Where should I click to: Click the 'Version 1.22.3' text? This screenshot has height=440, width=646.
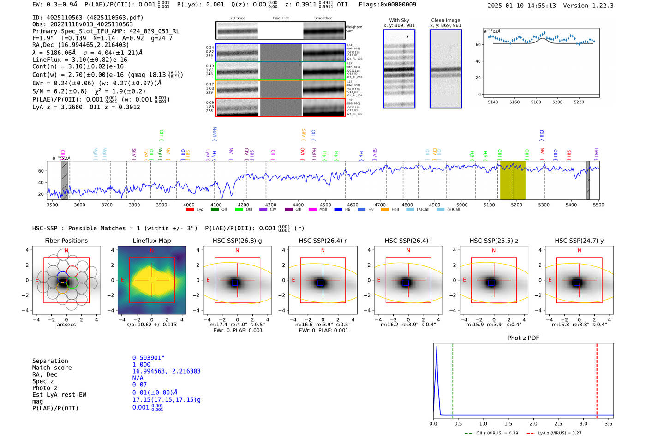(588, 6)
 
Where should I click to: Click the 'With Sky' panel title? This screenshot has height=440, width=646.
(399, 20)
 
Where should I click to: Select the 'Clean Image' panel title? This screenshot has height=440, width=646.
(445, 20)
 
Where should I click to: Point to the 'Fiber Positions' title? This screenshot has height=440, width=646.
(66, 241)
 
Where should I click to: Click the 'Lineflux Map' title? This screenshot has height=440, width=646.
(151, 241)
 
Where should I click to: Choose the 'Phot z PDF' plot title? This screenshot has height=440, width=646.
(523, 338)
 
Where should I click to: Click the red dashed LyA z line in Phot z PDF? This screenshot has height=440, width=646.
(597, 379)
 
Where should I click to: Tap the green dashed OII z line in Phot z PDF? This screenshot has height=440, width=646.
(453, 379)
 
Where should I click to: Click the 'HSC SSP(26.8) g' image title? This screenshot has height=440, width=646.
(237, 241)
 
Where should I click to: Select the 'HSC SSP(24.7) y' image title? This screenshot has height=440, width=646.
(579, 241)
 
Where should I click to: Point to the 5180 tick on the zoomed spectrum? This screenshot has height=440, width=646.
(536, 102)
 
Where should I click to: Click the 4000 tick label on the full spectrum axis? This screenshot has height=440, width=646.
(189, 205)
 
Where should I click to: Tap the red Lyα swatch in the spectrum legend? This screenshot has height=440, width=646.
(190, 210)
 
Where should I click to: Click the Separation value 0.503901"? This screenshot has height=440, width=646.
(148, 358)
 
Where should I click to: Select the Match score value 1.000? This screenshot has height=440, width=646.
(141, 364)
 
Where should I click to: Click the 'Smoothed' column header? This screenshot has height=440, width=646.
(323, 18)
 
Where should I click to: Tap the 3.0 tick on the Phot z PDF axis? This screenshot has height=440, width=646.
(583, 423)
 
